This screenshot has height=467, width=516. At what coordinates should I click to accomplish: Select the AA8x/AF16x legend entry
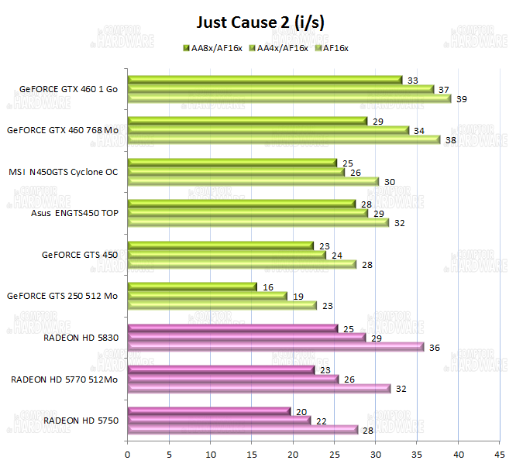click(x=212, y=48)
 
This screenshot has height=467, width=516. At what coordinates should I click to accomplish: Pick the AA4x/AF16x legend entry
click(x=278, y=48)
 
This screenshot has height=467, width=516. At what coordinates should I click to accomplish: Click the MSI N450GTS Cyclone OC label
click(x=64, y=172)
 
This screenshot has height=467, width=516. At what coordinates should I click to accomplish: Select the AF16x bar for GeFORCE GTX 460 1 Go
click(x=289, y=98)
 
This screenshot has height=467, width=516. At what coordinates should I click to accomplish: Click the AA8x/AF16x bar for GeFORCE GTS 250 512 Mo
click(x=191, y=287)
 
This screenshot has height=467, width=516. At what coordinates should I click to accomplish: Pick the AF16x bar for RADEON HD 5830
click(x=275, y=347)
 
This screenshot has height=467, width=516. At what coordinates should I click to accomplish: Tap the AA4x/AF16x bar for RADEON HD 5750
click(x=218, y=420)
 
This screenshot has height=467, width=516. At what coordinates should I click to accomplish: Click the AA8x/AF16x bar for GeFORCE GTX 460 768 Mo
click(x=246, y=121)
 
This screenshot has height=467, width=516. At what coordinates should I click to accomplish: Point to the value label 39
click(x=462, y=99)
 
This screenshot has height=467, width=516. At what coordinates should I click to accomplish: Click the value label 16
click(x=268, y=287)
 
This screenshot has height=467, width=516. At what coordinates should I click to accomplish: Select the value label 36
click(x=435, y=348)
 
